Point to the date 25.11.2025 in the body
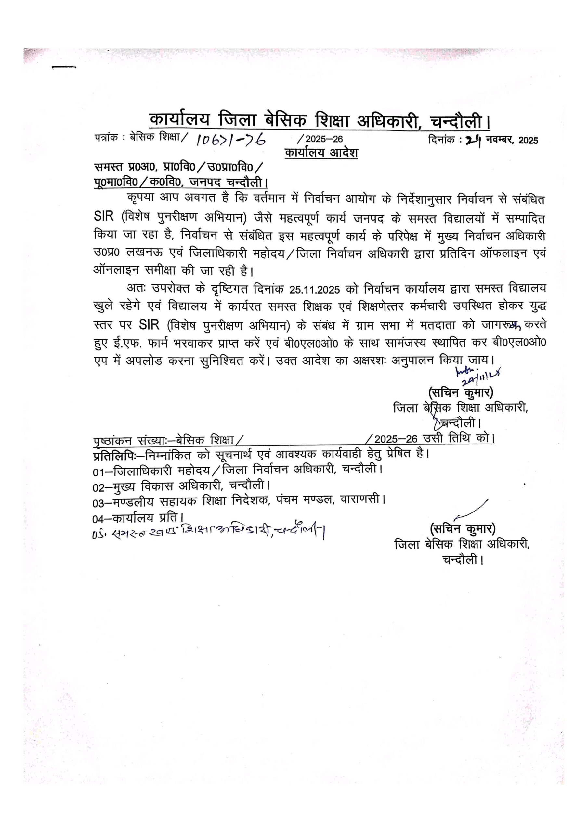pyautogui.click(x=315, y=290)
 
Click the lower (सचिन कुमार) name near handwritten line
pyautogui.click(x=463, y=529)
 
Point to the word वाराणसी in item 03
pyautogui.click(x=361, y=500)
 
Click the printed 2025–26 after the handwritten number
pyautogui.click(x=324, y=140)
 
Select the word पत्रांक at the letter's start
pyautogui.click(x=106, y=138)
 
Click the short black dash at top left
pyautogui.click(x=64, y=67)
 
